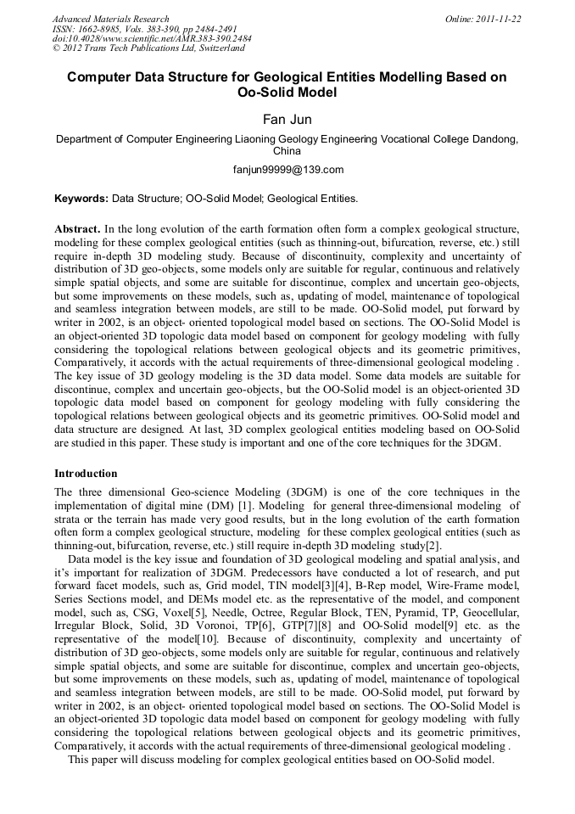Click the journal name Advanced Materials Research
pos(111,19)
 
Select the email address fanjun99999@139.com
pos(287,170)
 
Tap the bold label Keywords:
pos(81,199)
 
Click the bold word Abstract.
pos(76,229)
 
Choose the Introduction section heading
pos(86,473)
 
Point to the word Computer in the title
pos(103,77)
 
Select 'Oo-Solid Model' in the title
pos(287,93)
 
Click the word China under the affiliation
pos(287,150)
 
